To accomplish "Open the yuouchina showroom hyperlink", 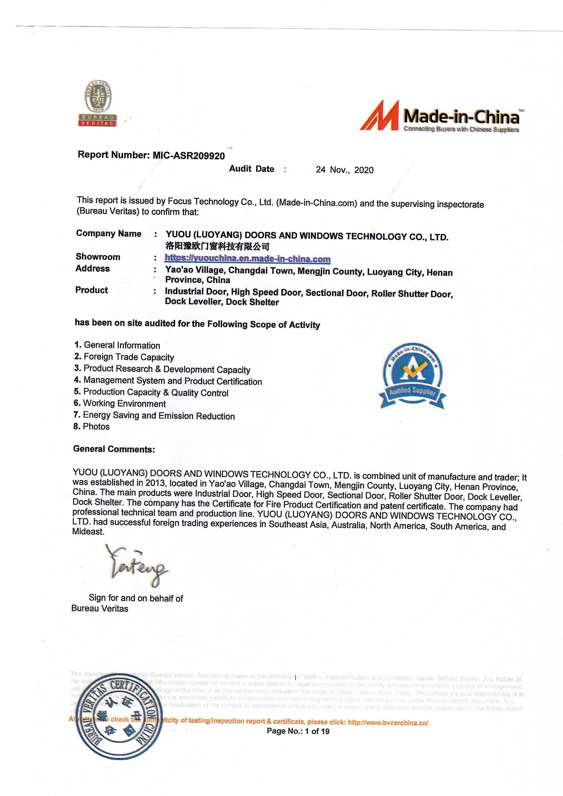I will [x=247, y=259].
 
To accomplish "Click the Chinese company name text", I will [x=217, y=246].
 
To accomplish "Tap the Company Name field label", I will [x=109, y=234].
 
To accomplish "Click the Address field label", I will [x=93, y=268].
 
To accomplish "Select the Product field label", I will [x=92, y=290].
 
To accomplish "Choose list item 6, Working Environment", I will [x=120, y=404].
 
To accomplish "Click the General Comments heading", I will [x=114, y=449].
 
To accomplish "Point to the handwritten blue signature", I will [x=137, y=567].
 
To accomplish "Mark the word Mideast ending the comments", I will [x=88, y=532].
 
